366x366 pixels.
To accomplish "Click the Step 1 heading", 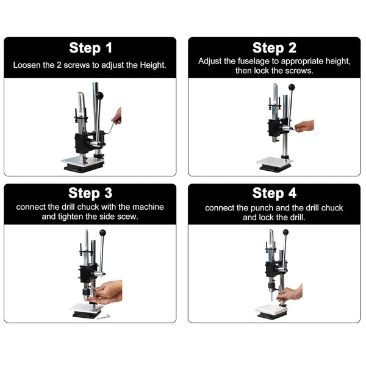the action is point(90,48).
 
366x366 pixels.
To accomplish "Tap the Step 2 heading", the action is point(274,48).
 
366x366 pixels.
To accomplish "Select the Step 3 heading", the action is point(90,193).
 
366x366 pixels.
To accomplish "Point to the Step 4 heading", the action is point(274,193).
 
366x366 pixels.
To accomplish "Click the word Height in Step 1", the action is point(153,65).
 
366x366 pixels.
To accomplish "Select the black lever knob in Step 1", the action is point(99,96).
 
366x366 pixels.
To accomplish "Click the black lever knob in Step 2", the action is point(292,87).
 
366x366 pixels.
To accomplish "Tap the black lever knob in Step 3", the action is point(102,233).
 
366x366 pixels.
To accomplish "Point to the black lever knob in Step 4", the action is point(285,232).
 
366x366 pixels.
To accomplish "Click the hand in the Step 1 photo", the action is point(117,116).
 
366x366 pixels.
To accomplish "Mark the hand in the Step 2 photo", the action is point(304,126).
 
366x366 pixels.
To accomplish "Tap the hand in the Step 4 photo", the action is point(290,293).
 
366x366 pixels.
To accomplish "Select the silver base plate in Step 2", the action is point(274,162).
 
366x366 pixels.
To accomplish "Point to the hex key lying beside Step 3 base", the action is point(104,317).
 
